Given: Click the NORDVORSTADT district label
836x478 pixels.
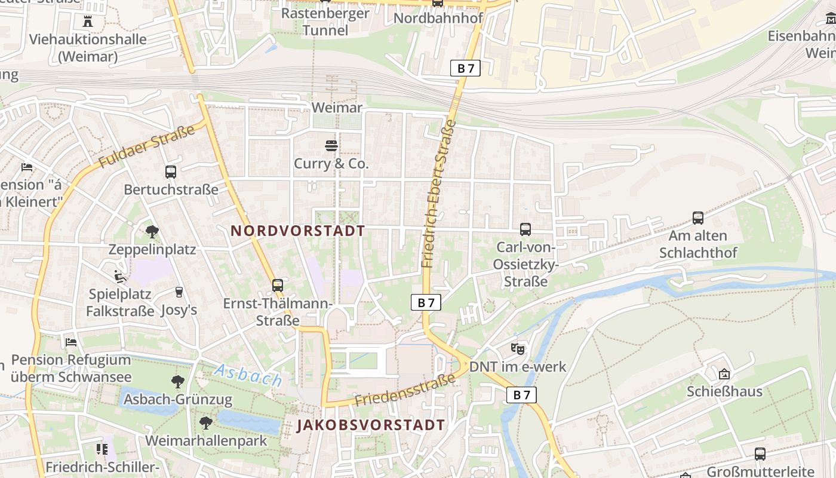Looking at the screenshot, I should [x=298, y=231].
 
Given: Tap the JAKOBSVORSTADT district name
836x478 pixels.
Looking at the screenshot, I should [x=371, y=425].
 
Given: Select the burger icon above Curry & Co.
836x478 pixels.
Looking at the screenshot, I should [x=331, y=145].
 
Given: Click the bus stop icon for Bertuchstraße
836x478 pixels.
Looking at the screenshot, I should [x=171, y=172].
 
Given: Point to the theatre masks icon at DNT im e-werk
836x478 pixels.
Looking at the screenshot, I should [x=518, y=348].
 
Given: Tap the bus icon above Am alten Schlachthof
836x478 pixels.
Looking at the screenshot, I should [x=697, y=218].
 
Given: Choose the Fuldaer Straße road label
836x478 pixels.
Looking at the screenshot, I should [x=147, y=147].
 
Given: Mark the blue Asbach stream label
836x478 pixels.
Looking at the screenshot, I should [x=248, y=375].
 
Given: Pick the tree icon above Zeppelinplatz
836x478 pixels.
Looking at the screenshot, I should [x=152, y=231].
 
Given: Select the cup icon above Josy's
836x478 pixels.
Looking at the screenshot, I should [x=179, y=292].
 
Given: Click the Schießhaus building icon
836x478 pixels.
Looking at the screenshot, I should [x=724, y=374].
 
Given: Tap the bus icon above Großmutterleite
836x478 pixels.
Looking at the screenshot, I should [x=760, y=454].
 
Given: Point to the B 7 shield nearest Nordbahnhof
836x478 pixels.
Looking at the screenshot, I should [x=465, y=68].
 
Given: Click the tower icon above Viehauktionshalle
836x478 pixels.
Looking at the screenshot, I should [x=88, y=22].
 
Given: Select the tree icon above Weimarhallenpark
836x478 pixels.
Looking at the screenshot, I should [x=206, y=423].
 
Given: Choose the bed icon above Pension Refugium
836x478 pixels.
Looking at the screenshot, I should [x=71, y=342].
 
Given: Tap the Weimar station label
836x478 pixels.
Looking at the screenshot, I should [x=337, y=108].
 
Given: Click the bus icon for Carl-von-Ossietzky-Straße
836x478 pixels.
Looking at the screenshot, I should [x=525, y=229].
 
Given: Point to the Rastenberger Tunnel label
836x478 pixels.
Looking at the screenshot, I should [x=325, y=22].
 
